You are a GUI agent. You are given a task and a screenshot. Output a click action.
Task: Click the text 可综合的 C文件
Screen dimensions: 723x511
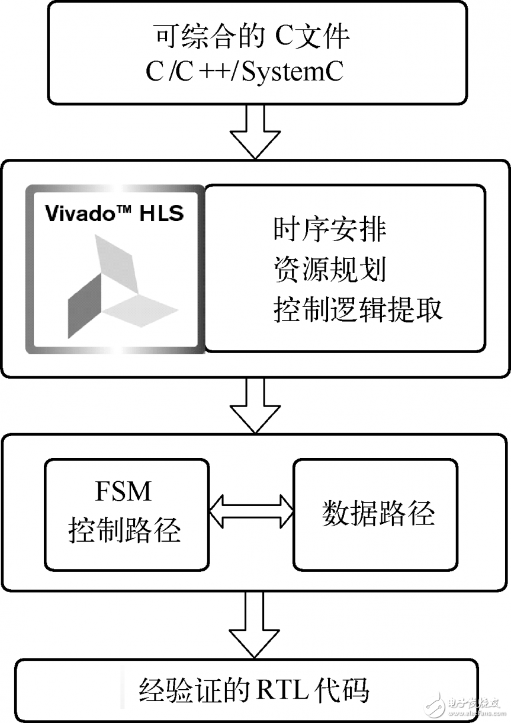252,37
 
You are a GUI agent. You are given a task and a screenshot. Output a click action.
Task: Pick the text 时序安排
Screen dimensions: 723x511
330,230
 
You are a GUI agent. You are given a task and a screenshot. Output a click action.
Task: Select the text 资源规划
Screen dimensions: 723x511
330,270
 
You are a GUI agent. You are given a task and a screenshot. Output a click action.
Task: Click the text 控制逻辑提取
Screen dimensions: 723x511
358,310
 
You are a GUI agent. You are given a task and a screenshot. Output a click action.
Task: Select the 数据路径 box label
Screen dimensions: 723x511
378,513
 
